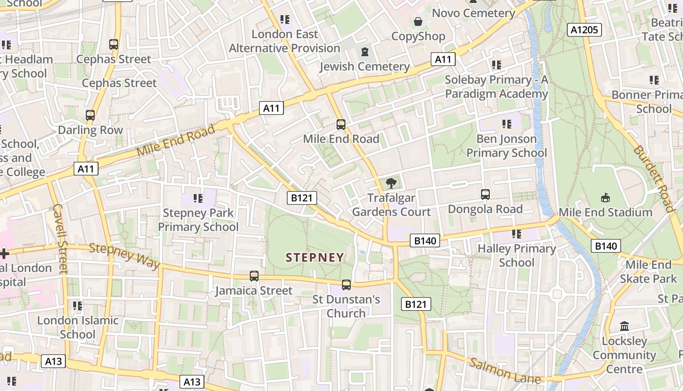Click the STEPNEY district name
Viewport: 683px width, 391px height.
[315, 257]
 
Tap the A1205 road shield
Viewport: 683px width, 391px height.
[584, 30]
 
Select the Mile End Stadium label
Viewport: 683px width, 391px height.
[605, 212]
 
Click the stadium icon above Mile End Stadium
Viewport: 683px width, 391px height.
[605, 197]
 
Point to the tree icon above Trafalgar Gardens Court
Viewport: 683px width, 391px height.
[391, 183]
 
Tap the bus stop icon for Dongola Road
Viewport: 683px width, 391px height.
[485, 194]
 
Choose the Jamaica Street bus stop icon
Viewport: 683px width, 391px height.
[254, 276]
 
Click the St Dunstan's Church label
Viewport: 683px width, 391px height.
[346, 306]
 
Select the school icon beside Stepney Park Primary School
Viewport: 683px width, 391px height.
[198, 198]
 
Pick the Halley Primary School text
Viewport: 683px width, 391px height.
[517, 255]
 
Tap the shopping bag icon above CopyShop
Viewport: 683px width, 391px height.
[418, 22]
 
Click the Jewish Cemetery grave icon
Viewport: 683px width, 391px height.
[364, 52]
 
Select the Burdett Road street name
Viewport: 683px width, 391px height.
[654, 178]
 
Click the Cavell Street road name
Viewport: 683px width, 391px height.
[60, 239]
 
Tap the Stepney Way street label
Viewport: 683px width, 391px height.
[124, 256]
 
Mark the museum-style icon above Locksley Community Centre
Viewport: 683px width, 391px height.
[624, 326]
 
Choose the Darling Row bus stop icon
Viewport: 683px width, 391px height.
[90, 115]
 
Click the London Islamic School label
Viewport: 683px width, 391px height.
[78, 327]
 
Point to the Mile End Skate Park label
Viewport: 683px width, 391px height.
[648, 272]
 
